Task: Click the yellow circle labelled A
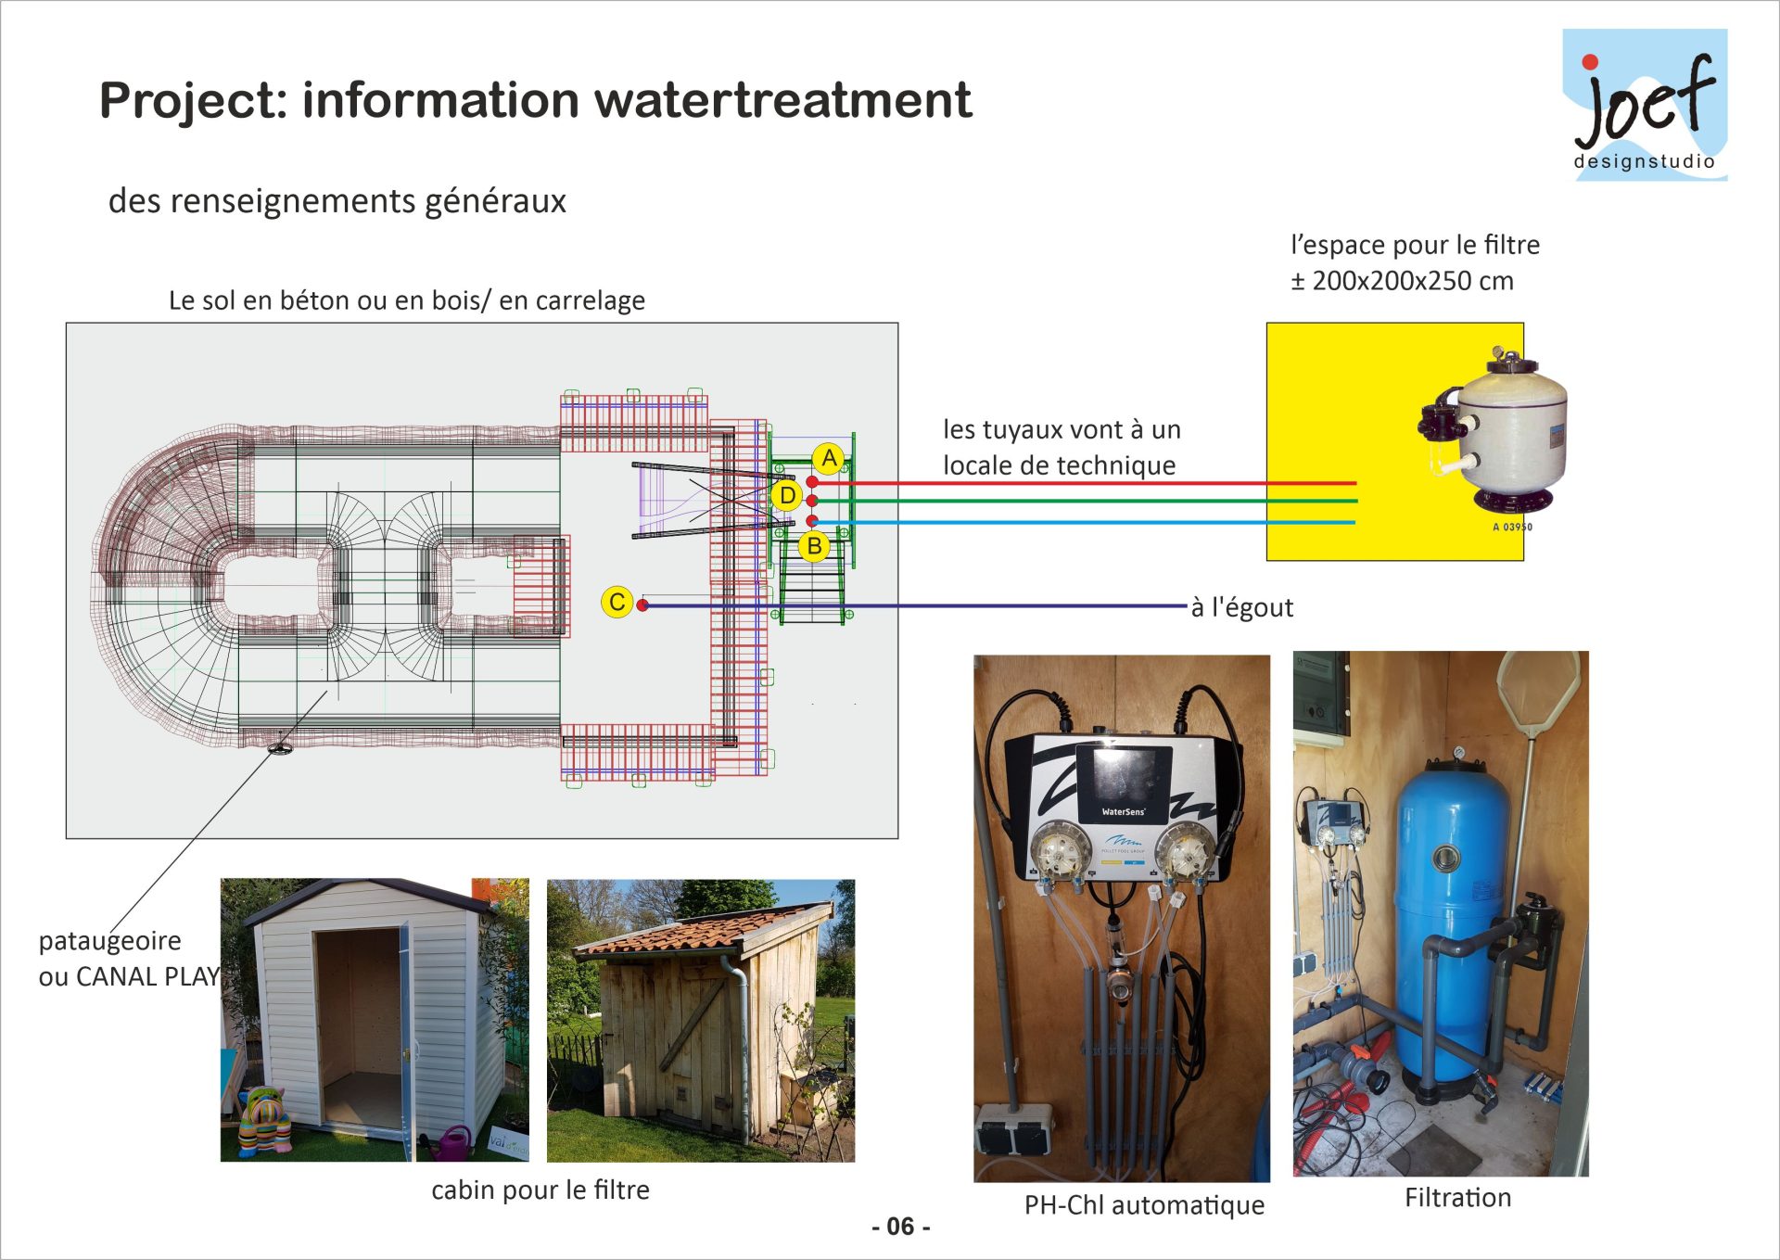[829, 458]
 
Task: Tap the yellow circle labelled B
[814, 546]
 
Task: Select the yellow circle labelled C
[617, 602]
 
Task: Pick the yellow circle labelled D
[787, 496]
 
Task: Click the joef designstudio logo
[1645, 105]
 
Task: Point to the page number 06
[900, 1227]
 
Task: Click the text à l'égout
[1241, 607]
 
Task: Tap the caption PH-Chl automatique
[1144, 1204]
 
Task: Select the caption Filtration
[1457, 1198]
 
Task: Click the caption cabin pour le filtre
[540, 1190]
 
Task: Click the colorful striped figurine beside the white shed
[265, 1121]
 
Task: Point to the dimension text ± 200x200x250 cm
[1402, 281]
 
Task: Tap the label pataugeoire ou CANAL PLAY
[129, 958]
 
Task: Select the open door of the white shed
[405, 1038]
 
